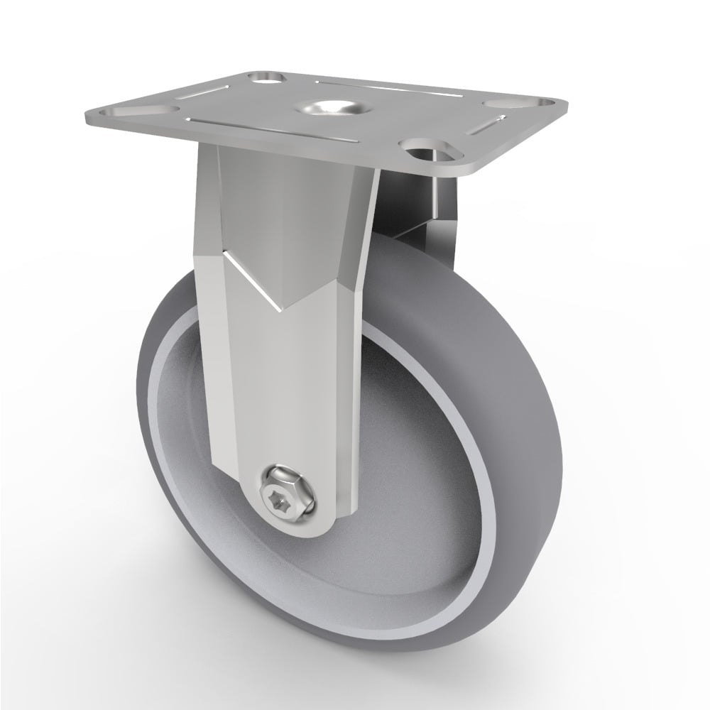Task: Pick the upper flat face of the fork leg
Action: (284, 213)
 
